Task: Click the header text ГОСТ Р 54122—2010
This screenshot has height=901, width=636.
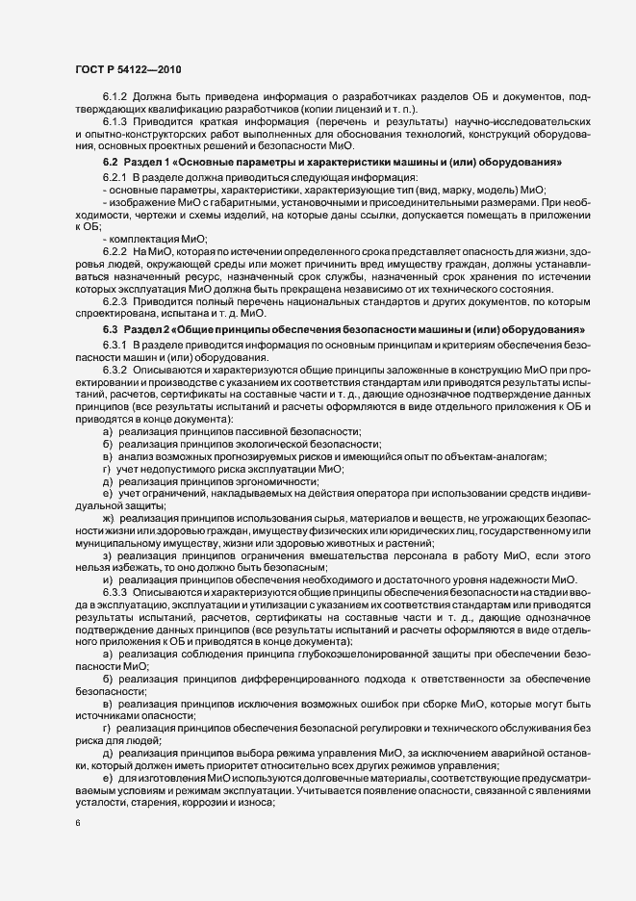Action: click(x=125, y=69)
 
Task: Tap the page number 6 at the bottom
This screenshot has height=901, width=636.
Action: click(x=77, y=823)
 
